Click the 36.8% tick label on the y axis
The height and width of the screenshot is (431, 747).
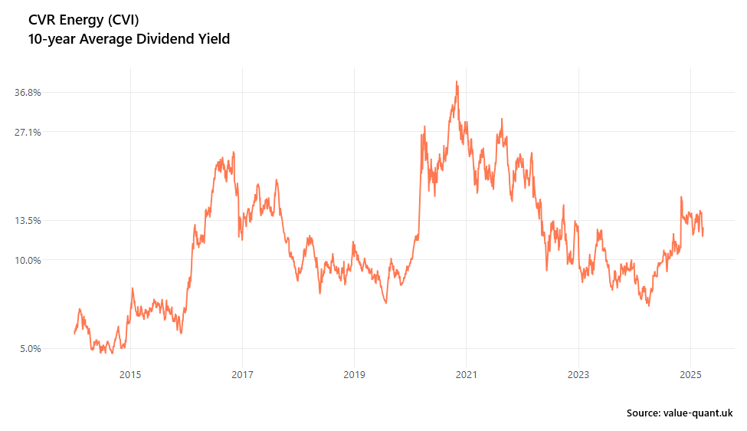pos(28,92)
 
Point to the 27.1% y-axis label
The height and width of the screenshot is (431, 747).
pos(28,132)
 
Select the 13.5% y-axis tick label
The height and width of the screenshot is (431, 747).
pos(28,220)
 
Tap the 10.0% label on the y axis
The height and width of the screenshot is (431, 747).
pos(28,260)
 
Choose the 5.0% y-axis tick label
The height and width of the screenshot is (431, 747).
pos(30,348)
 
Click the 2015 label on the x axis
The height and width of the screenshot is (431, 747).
pos(130,374)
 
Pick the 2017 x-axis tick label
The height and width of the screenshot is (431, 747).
pos(242,374)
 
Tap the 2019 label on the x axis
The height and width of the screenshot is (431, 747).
pos(354,374)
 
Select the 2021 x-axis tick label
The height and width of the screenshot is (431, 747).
pos(466,374)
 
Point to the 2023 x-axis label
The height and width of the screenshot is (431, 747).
pos(578,374)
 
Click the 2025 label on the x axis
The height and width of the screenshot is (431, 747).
pos(690,374)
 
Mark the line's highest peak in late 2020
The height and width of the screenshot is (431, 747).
pos(457,81)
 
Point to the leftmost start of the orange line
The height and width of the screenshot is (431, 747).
pos(74,333)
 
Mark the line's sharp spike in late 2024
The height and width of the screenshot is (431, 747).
pos(680,197)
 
